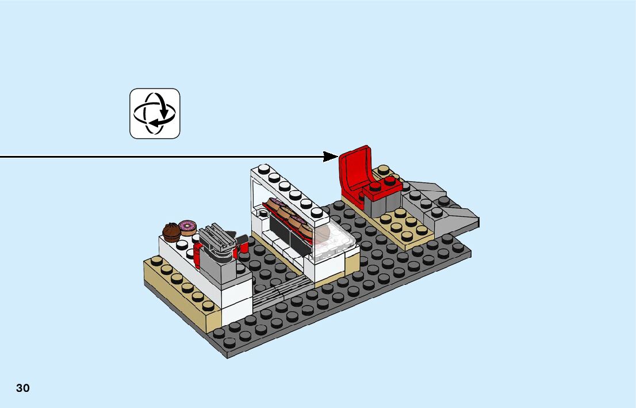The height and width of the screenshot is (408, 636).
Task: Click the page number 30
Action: pyautogui.click(x=23, y=388)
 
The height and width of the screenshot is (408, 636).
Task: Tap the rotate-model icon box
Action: pyautogui.click(x=155, y=113)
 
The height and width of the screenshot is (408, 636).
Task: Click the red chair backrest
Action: pyautogui.click(x=354, y=167)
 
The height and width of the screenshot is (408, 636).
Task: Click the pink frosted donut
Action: pyautogui.click(x=187, y=227)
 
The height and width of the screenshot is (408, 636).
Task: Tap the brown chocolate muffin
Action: pyautogui.click(x=171, y=232)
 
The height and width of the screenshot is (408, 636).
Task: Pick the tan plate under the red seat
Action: pyautogui.click(x=403, y=227)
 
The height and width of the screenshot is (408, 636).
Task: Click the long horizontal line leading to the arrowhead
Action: pyautogui.click(x=161, y=156)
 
